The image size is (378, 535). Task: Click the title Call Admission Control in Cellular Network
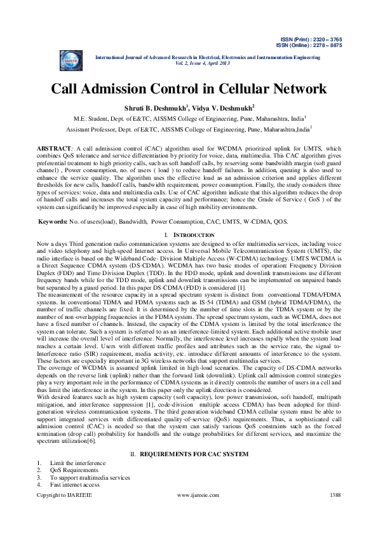[x=189, y=88]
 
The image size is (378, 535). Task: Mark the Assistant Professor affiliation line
[x=189, y=128]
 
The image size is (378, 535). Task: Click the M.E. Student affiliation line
[x=189, y=118]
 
